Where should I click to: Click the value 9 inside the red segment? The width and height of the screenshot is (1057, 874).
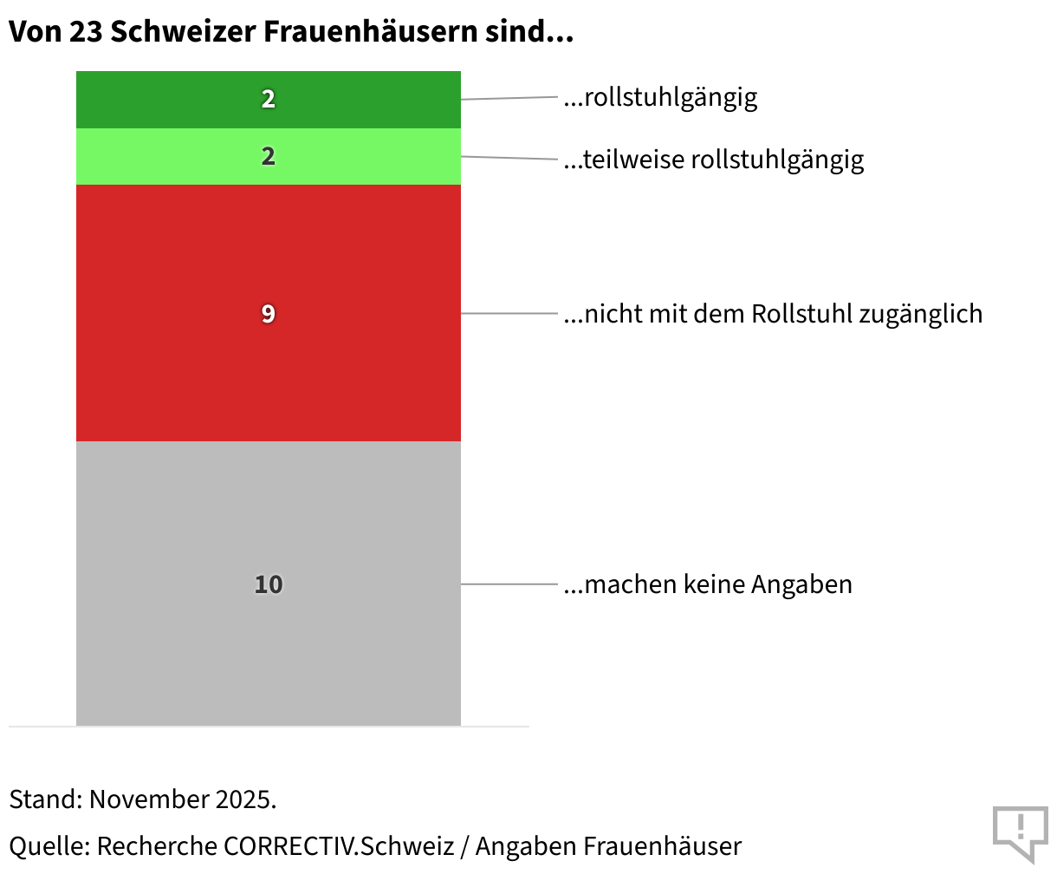(x=269, y=314)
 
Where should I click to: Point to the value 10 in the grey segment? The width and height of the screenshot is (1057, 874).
(x=269, y=584)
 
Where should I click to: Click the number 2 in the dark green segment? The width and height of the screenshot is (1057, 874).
(x=269, y=100)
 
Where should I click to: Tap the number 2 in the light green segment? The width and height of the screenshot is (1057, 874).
(x=269, y=157)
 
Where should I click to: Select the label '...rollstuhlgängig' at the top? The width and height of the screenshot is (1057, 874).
(x=660, y=97)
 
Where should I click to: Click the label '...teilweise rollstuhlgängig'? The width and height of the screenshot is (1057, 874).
(x=714, y=160)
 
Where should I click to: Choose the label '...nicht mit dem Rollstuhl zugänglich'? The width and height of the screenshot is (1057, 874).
(x=773, y=314)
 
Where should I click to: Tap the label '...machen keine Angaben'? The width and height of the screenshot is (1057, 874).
(x=708, y=584)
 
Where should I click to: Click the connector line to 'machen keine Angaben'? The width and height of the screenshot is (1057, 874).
(x=509, y=584)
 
